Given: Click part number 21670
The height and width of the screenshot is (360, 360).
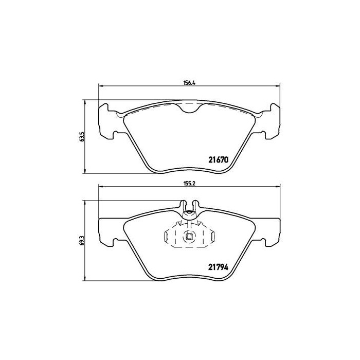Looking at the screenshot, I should click(x=219, y=159).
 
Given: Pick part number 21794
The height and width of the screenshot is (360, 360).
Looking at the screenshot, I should click(x=219, y=266).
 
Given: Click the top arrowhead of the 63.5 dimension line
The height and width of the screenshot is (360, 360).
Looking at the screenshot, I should click(x=85, y=101).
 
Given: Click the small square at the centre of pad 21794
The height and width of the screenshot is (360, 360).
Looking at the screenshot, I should click(x=189, y=237).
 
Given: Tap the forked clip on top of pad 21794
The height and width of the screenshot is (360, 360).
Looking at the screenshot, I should click(x=189, y=207).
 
